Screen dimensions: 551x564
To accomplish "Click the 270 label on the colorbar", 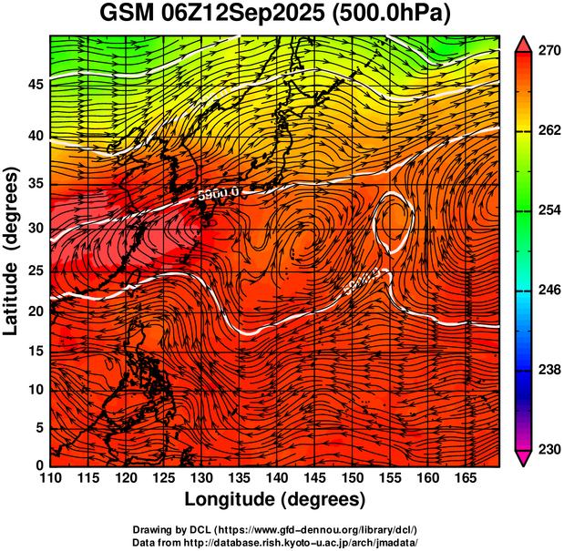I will click(x=549, y=51).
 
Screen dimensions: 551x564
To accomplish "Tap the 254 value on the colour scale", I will click(x=549, y=210).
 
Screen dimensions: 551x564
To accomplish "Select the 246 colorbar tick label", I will click(x=549, y=291).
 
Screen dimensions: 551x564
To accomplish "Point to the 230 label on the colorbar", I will click(x=549, y=449).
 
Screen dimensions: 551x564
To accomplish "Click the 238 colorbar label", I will click(x=549, y=370).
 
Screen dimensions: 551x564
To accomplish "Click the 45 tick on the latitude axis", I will click(x=35, y=85).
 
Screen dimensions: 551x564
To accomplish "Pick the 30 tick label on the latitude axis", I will click(x=35, y=228).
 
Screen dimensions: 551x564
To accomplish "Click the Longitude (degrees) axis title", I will click(x=275, y=500).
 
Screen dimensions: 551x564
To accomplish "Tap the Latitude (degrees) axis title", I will click(x=12, y=251).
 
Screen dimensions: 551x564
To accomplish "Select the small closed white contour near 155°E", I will click(x=394, y=222).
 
